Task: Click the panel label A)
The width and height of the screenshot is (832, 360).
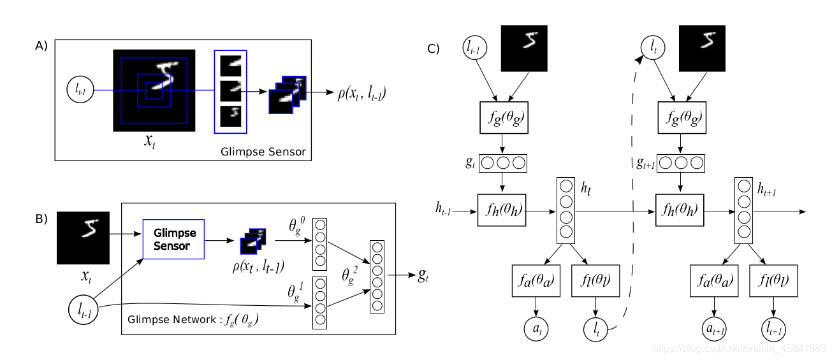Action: pos(41,46)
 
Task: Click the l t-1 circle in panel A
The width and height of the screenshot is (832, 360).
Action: pos(80,91)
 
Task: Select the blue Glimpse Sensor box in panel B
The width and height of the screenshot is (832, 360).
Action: pos(172,240)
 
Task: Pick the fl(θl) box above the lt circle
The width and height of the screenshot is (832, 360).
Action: pos(594,281)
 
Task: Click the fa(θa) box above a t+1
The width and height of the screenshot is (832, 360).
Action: pos(709,281)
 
